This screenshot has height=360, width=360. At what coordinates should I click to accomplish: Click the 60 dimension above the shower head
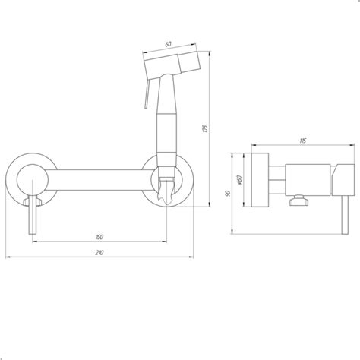click(168, 44)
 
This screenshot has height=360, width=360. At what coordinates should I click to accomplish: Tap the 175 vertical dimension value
click(206, 128)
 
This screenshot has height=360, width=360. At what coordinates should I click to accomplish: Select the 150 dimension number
click(99, 237)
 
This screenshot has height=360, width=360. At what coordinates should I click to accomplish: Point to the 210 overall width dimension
click(99, 252)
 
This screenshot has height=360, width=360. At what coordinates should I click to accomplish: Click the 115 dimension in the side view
click(303, 141)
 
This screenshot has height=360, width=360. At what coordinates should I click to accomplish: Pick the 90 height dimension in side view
click(228, 194)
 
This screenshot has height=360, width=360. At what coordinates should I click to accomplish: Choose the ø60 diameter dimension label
click(240, 180)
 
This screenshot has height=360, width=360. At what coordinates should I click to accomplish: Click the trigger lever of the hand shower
click(147, 93)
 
